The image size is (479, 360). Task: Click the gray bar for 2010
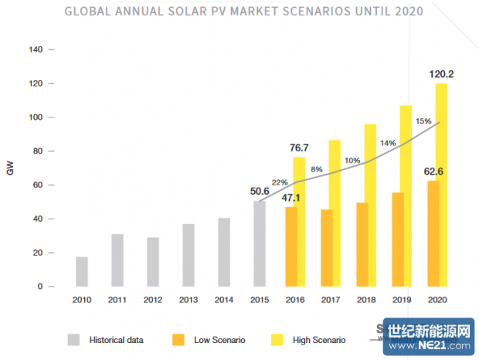tap(82, 271)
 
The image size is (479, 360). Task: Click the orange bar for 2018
tap(362, 244)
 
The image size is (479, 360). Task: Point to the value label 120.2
tap(441, 75)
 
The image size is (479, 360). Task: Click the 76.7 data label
tap(298, 148)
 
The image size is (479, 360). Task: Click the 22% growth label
tap(280, 182)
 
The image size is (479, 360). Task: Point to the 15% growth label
tap(423, 121)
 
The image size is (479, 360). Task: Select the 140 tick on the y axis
tap(36, 49)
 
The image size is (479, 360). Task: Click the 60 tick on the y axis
tap(38, 185)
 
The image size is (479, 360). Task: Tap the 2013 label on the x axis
tap(189, 299)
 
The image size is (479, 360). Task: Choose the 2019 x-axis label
tap(401, 299)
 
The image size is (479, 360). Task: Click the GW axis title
tap(10, 168)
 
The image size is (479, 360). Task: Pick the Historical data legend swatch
tap(74, 339)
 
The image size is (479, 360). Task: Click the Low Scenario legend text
tap(221, 340)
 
